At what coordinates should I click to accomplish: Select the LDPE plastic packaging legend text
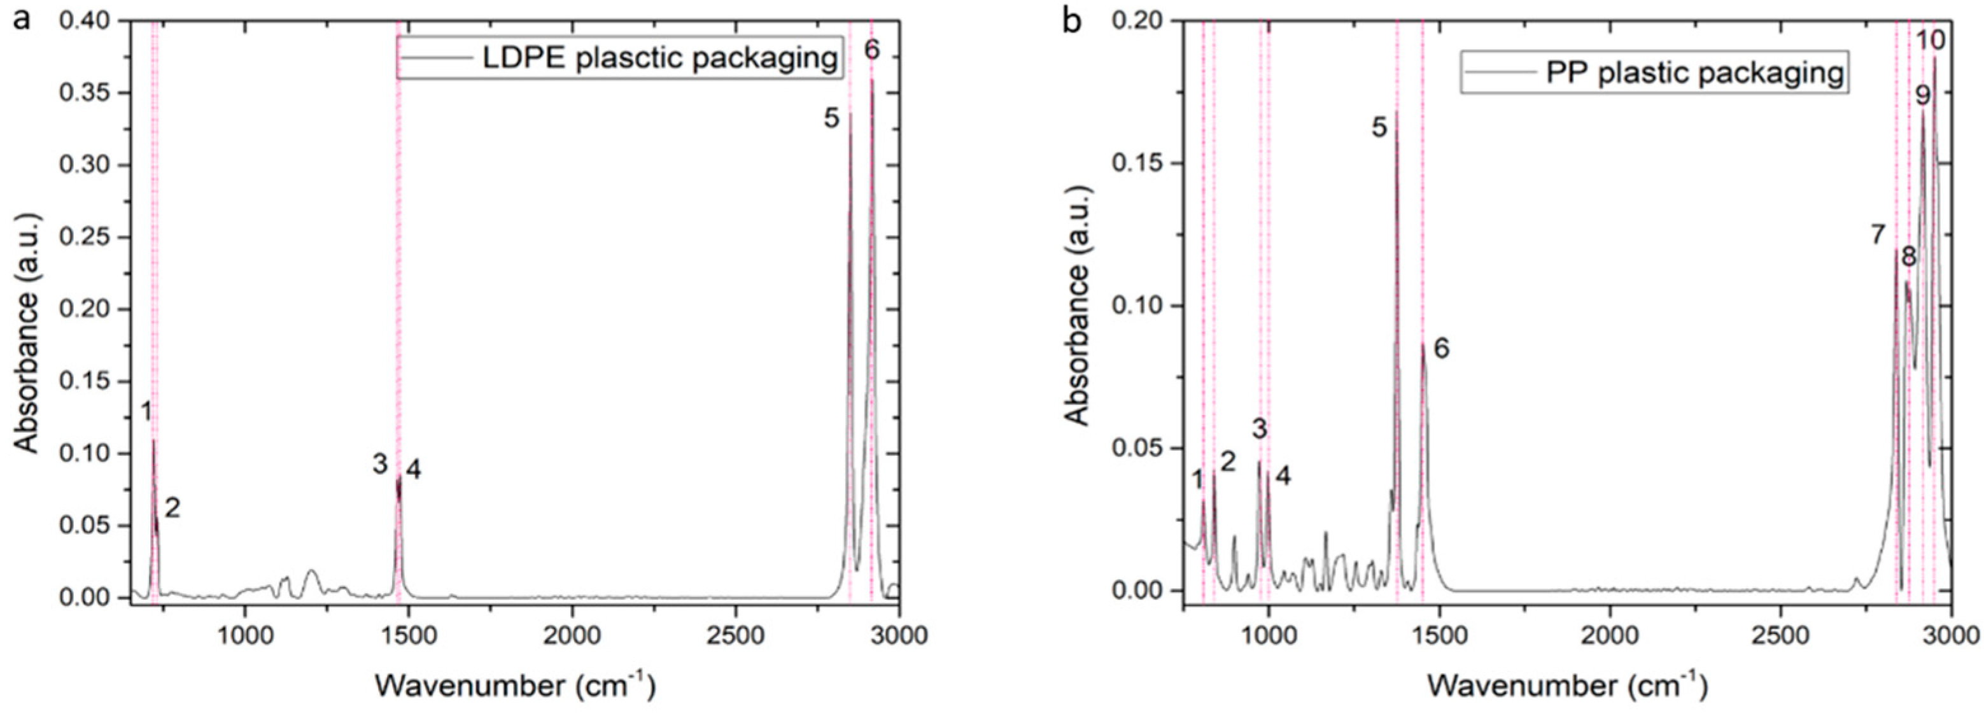tap(659, 58)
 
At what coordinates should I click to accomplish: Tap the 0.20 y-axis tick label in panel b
tap(1137, 21)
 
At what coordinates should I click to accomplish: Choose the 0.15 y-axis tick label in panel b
tap(1137, 164)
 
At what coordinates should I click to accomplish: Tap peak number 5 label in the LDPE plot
tap(831, 118)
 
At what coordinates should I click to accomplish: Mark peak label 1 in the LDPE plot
tap(146, 413)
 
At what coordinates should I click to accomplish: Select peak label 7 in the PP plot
tap(1878, 234)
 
